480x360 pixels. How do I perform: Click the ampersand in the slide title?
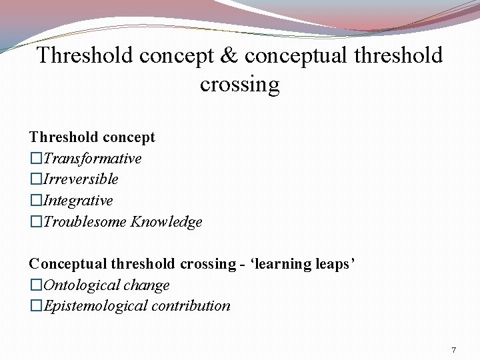[229, 55]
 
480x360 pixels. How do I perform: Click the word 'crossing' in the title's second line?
[239, 85]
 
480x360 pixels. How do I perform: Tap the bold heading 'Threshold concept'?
[92, 137]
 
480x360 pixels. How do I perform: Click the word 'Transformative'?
[93, 159]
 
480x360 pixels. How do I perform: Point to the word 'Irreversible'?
[81, 179]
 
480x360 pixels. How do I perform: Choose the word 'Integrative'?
[78, 201]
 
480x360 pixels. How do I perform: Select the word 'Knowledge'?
[166, 222]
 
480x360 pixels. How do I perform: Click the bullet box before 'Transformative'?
[36, 159]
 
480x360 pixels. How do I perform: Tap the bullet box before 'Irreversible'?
[36, 179]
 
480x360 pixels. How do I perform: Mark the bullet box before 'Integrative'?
[36, 201]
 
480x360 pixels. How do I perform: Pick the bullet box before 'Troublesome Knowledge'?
[36, 222]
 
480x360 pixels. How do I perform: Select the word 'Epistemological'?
[95, 306]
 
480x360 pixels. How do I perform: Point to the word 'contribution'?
[191, 306]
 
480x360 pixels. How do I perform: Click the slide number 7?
[453, 350]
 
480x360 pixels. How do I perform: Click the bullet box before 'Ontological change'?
[36, 285]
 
